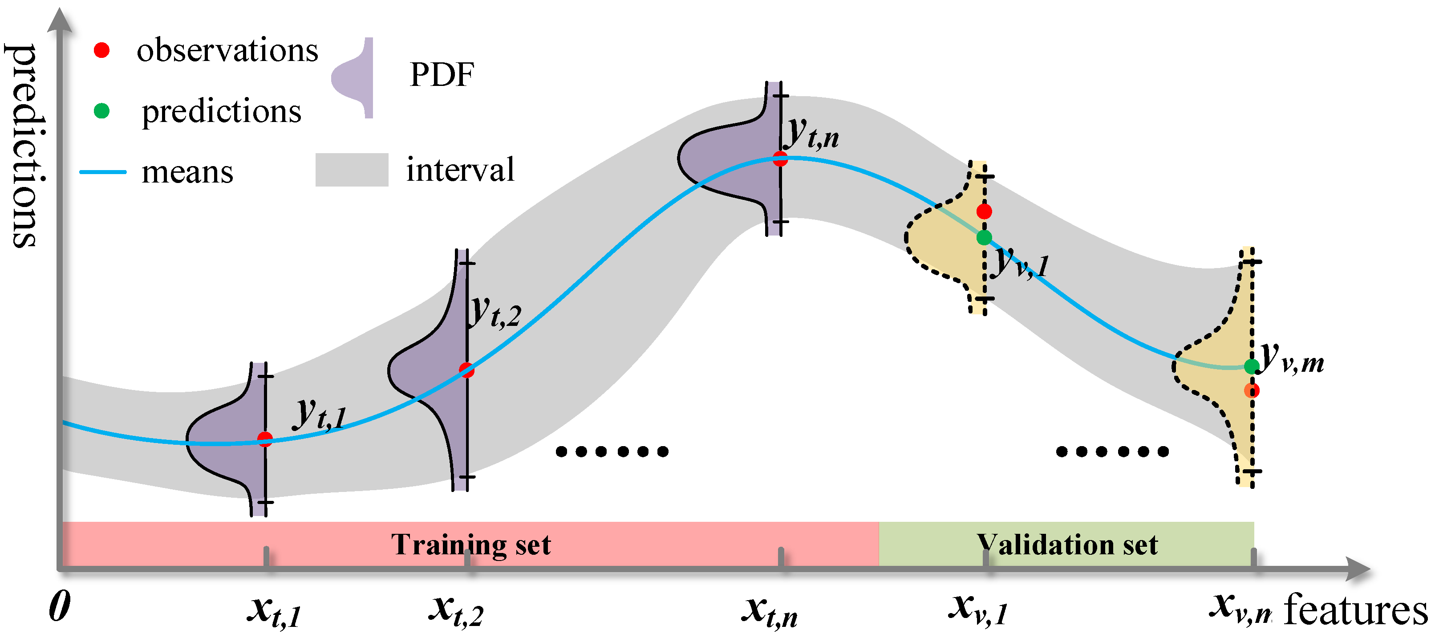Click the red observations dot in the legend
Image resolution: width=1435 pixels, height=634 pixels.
tap(101, 50)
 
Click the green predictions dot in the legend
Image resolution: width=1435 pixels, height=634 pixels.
tap(101, 111)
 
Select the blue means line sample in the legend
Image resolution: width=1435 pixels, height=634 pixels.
tap(103, 171)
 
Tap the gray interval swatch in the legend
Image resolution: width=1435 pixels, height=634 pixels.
tap(352, 169)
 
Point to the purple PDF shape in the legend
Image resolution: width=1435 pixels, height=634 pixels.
tap(354, 78)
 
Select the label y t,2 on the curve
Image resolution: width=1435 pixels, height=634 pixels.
tap(495, 312)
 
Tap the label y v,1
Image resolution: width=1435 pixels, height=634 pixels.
tap(1021, 262)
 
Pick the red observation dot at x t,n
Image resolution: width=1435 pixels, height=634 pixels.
tap(780, 159)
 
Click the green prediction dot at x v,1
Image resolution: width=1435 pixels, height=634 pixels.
tap(984, 237)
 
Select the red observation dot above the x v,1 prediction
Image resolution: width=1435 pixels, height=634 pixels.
tap(984, 211)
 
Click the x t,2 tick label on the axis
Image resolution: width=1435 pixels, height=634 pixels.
tap(456, 610)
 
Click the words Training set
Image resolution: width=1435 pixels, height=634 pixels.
tap(471, 545)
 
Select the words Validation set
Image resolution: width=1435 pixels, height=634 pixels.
tap(1067, 545)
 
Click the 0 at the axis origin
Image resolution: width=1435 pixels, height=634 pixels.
tap(60, 606)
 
